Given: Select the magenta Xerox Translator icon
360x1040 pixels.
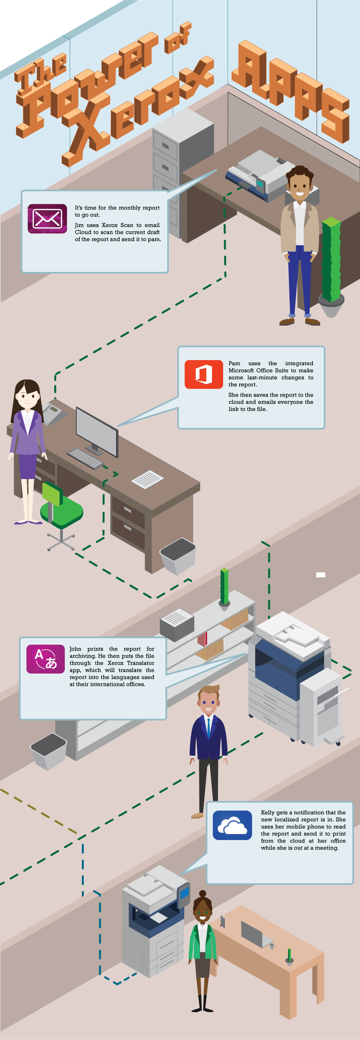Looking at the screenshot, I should pyautogui.click(x=45, y=659).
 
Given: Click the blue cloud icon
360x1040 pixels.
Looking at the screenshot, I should pyautogui.click(x=232, y=825).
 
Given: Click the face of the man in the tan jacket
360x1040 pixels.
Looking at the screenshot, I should pyautogui.click(x=299, y=186).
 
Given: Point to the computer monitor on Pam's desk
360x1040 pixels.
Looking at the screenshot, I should pyautogui.click(x=97, y=430).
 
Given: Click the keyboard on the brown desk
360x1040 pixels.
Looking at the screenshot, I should pyautogui.click(x=85, y=458).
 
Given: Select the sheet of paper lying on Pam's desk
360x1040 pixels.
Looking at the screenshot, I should pyautogui.click(x=147, y=479).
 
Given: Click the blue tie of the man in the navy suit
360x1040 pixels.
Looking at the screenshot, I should pyautogui.click(x=208, y=727).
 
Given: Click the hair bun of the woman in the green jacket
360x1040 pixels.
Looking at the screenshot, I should pyautogui.click(x=203, y=893).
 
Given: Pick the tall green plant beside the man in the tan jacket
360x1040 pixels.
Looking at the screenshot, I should pyautogui.click(x=331, y=260).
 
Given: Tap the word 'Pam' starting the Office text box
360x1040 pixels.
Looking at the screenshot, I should pyautogui.click(x=234, y=363).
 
